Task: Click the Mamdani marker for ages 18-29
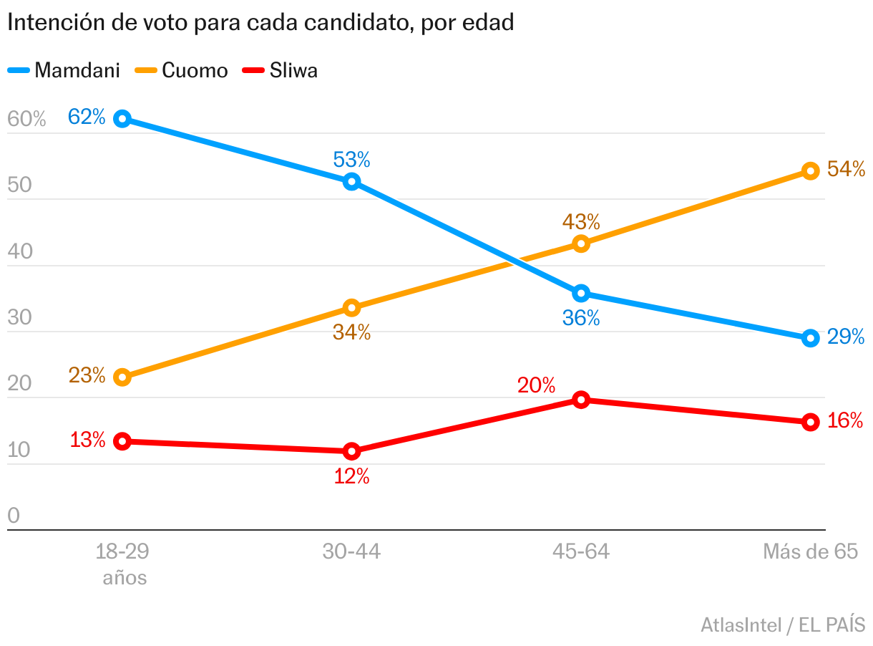122,119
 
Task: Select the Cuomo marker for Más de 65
810,170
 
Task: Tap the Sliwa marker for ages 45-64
581,400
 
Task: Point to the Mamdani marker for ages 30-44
351,181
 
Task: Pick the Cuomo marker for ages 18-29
122,377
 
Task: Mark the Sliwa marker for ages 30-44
351,450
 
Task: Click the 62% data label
87,116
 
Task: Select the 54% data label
846,169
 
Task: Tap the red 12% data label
351,476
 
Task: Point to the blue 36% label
581,317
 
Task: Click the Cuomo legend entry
182,70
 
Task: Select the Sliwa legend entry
281,70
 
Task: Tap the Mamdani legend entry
64,70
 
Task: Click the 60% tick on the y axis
26,119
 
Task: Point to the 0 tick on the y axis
14,516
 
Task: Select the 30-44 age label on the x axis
351,551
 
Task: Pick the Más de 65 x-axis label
809,551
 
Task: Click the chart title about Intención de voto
260,22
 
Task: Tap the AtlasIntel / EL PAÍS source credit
783,625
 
